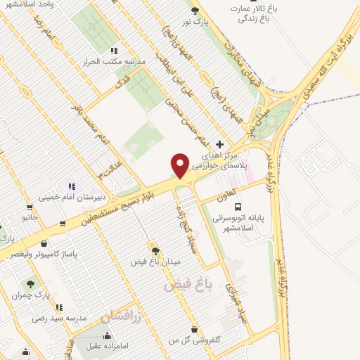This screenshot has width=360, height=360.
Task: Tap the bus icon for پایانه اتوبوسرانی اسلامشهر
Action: pos(238,207)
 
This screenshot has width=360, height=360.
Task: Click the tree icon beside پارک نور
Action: pos(195,10)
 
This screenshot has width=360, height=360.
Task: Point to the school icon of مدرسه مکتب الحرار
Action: pos(114,51)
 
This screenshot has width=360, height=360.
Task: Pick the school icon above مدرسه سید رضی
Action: pos(60,307)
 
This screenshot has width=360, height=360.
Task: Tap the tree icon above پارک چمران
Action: pos(30,284)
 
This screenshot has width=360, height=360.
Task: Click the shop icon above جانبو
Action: pos(29,207)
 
